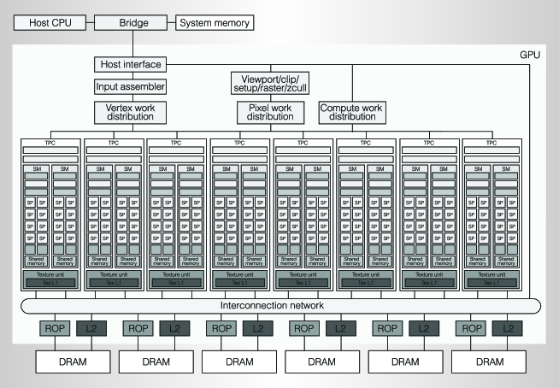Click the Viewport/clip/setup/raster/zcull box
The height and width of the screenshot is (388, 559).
pos(270,84)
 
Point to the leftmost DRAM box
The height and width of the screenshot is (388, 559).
pos(72,361)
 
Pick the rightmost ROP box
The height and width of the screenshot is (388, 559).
pos(473,328)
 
